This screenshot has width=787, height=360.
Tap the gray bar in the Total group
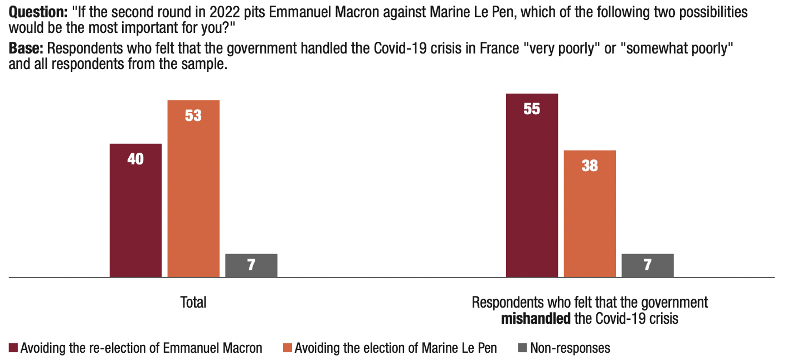click(x=251, y=265)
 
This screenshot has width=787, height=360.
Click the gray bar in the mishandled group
click(x=647, y=265)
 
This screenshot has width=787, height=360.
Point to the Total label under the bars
click(x=193, y=303)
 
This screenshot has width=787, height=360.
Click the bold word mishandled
click(x=536, y=319)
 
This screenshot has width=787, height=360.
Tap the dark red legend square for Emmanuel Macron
click(x=13, y=348)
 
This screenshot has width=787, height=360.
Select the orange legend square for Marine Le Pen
click(x=288, y=348)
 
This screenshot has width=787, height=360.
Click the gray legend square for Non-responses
click(x=522, y=348)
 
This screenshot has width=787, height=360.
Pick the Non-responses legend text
click(x=570, y=348)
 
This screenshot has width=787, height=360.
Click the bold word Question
click(x=37, y=12)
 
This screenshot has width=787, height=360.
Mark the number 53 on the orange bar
click(x=193, y=116)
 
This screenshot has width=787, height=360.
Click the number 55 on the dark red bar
click(x=532, y=109)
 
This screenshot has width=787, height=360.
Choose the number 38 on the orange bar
click(x=590, y=166)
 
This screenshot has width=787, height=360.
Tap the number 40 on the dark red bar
click(x=135, y=159)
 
